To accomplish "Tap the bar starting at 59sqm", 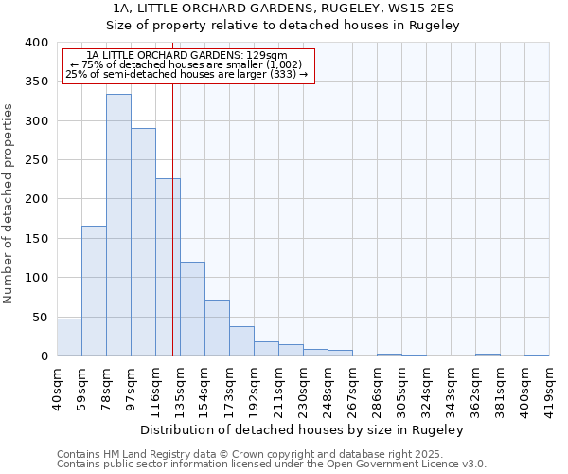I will click(94, 291).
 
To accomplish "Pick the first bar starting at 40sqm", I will click(69, 337).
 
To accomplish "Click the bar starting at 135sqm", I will click(192, 309).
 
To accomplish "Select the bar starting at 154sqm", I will click(217, 328).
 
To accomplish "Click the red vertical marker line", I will click(172, 218).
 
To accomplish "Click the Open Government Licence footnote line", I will click(272, 465).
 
